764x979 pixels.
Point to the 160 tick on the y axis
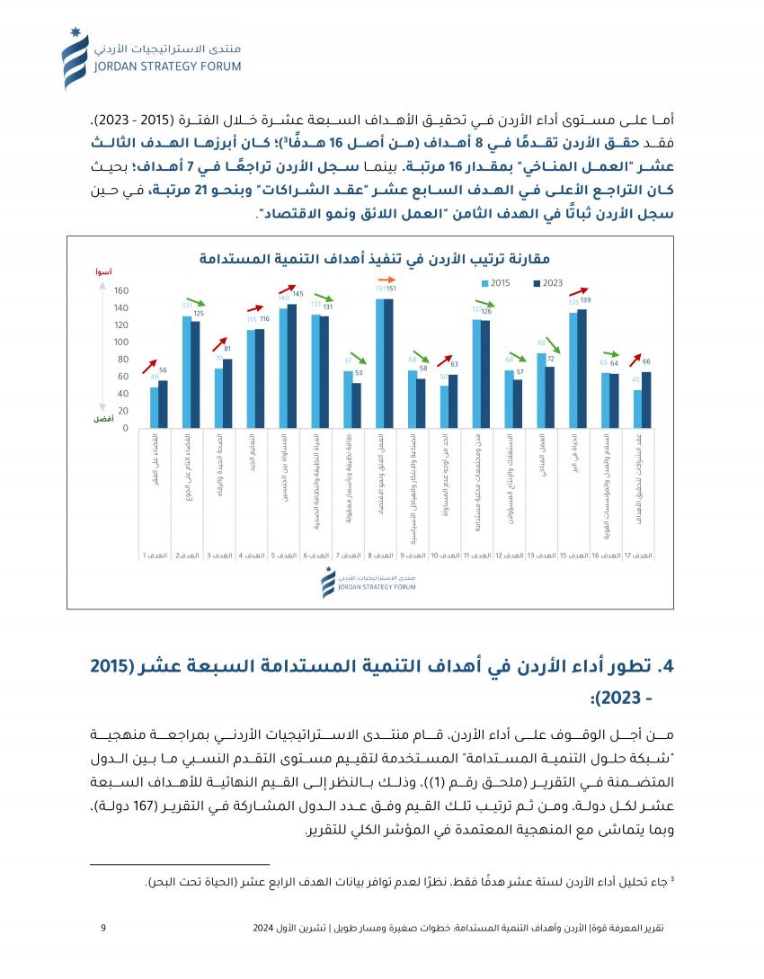121,291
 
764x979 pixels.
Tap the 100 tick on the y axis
121,343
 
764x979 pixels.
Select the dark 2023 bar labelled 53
357,405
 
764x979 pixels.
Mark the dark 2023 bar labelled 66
647,400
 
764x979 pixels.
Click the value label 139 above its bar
585,300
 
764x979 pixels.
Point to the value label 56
163,370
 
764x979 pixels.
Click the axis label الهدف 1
156,556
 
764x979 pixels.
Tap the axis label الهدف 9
414,556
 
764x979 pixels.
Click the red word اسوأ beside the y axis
103,271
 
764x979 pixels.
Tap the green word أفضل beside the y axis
103,420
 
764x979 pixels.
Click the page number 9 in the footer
103,929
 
